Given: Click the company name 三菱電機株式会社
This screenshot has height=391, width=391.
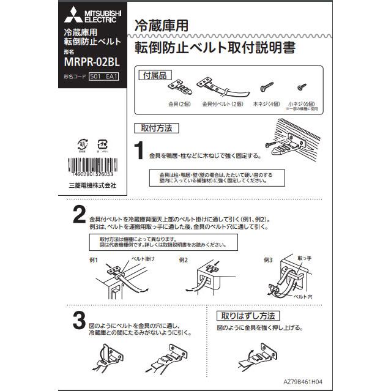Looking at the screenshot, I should (x=92, y=185).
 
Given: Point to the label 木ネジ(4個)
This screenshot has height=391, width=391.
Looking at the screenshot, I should (x=266, y=104).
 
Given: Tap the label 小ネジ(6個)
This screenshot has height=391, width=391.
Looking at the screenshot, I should (x=300, y=104).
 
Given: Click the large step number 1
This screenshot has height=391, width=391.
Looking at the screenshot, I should (x=139, y=150).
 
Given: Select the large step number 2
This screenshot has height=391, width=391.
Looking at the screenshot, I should (x=78, y=216).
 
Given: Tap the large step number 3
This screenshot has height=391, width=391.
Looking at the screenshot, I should (x=78, y=321).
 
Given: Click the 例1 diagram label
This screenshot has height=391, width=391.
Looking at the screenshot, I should (x=94, y=260).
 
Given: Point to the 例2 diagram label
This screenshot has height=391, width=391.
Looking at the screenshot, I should (x=184, y=260).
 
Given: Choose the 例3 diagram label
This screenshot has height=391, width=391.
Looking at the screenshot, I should (x=268, y=260).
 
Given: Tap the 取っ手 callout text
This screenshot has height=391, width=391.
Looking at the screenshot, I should (x=305, y=259).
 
